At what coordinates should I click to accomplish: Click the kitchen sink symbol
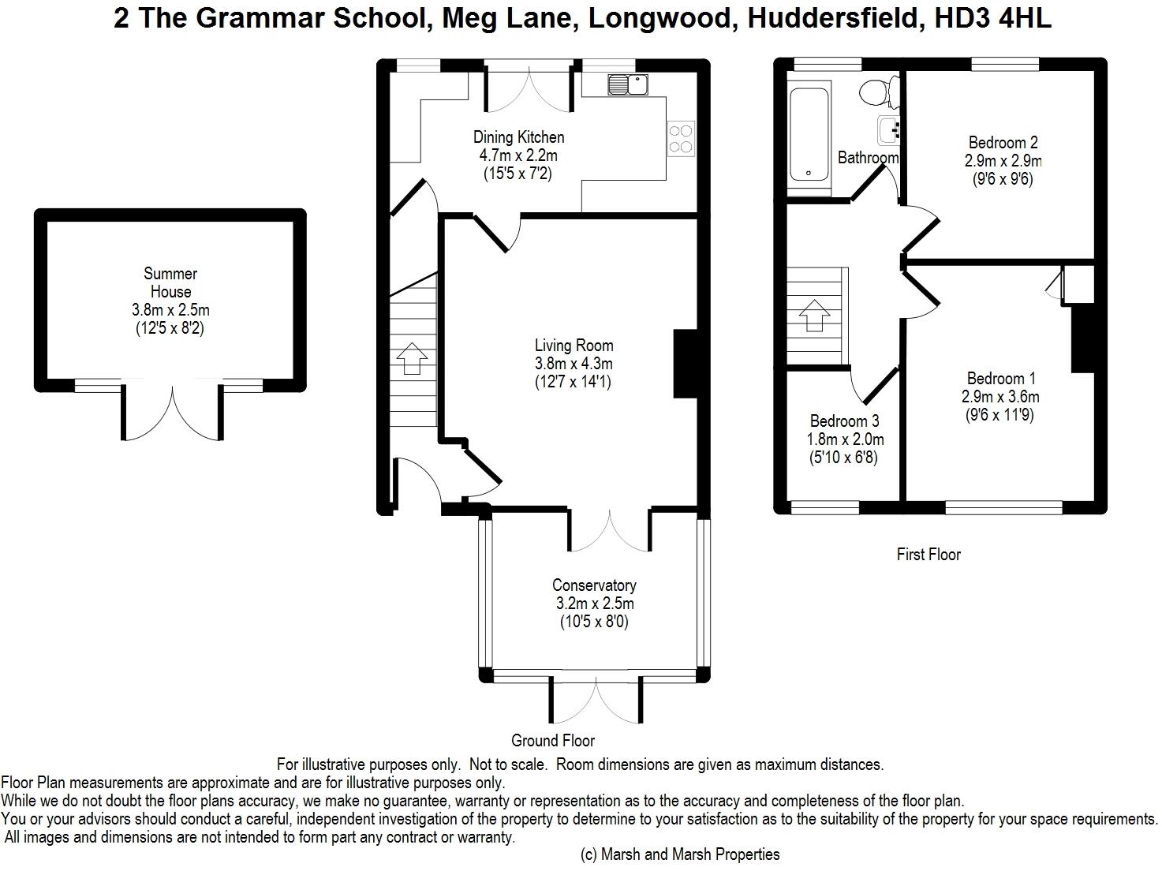(628, 84)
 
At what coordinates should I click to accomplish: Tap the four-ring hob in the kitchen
(680, 139)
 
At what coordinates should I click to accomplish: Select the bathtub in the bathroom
(809, 134)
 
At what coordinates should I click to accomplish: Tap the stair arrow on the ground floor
(412, 358)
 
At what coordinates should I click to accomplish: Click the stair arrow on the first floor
(815, 316)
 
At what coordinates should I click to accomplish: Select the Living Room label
(574, 346)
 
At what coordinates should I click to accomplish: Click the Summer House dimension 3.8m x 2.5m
(170, 310)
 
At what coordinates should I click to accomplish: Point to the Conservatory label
(594, 585)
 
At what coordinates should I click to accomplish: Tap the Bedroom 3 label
(844, 421)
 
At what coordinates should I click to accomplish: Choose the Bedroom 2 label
(1003, 143)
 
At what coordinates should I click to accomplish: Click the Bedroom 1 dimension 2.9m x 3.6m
(1000, 397)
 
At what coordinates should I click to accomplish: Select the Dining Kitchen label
(519, 137)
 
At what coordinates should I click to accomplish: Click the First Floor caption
(928, 555)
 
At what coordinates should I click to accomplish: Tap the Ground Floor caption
(553, 740)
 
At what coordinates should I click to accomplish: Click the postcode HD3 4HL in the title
(992, 18)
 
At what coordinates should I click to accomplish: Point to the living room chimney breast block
(686, 363)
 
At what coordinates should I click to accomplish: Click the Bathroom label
(869, 158)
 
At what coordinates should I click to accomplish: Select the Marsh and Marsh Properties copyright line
(680, 854)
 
